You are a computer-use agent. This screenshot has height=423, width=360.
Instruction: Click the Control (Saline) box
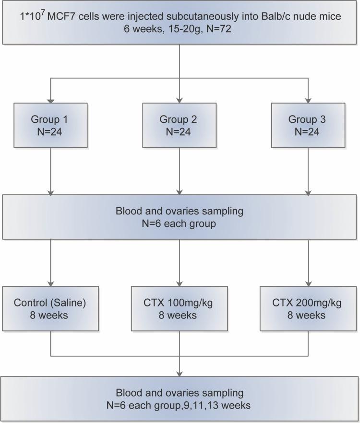point(51,309)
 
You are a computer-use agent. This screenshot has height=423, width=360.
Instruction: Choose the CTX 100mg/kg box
point(179,309)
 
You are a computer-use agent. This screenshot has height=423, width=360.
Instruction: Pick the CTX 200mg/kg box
point(308,309)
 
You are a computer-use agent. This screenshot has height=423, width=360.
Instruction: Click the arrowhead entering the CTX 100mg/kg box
point(179,283)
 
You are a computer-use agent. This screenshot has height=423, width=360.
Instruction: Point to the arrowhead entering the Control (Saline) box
point(51,283)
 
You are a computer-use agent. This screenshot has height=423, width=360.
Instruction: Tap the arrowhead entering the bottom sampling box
point(179,375)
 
